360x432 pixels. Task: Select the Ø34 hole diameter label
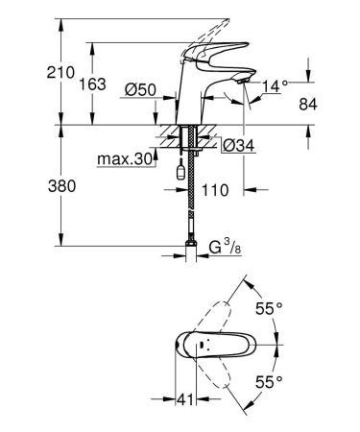[236, 145]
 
